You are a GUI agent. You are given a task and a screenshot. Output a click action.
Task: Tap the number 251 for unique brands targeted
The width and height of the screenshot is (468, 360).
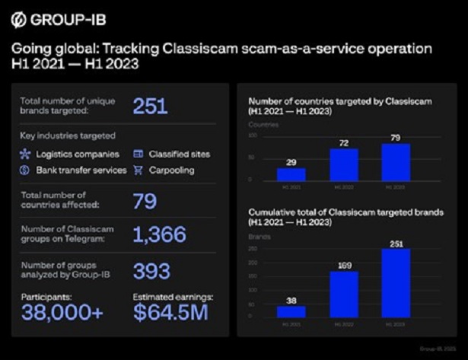coord(150,106)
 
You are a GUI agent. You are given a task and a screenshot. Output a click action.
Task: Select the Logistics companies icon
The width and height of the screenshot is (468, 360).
coord(25,154)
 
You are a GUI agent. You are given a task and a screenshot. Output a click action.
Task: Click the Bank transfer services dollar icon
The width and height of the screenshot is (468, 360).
coord(25,170)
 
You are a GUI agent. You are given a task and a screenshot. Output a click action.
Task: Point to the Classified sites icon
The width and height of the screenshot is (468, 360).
coord(138,154)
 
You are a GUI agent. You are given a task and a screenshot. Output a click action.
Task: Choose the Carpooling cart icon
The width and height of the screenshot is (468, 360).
coord(138,170)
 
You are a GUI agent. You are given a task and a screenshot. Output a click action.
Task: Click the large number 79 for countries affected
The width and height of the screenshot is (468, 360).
coord(145,201)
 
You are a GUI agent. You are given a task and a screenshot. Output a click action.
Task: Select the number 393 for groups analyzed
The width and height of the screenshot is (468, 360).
coord(151,270)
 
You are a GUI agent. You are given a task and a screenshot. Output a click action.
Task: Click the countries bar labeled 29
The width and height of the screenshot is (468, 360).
coord(291,174)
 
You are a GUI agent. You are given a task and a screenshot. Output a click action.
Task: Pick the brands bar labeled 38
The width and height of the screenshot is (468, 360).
coord(291,311)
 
